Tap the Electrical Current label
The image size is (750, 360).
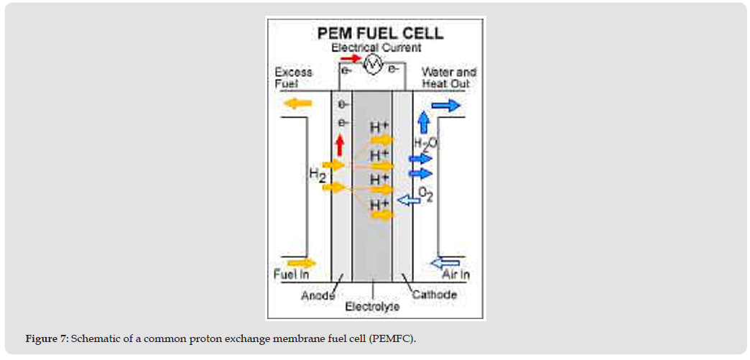[x=376, y=48]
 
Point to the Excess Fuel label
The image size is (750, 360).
[x=293, y=78]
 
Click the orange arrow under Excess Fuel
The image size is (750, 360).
[x=299, y=103]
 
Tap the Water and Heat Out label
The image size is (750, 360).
[x=449, y=78]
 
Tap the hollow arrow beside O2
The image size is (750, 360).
[x=408, y=200]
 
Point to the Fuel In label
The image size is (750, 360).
[x=291, y=274]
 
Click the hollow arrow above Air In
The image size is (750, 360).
[x=445, y=262]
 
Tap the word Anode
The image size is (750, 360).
[x=317, y=295]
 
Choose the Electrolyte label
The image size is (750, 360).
[x=372, y=307]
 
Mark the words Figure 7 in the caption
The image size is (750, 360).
[x=47, y=339]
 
